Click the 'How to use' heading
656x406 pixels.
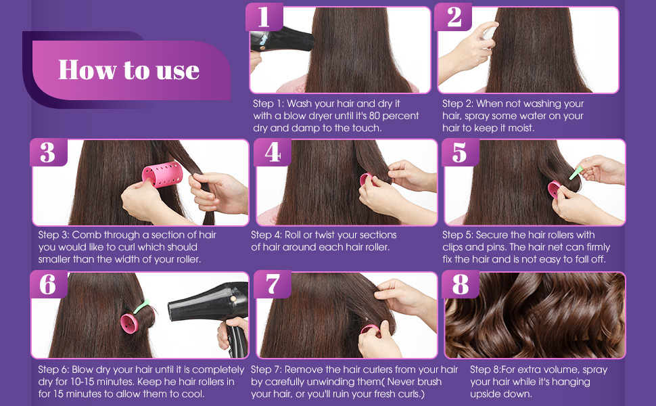pos(128,70)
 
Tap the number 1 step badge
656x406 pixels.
pos(264,17)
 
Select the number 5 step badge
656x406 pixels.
pos(460,152)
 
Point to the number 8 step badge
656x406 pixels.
pos(460,284)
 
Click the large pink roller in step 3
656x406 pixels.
pos(163,174)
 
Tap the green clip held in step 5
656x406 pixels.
pos(576,173)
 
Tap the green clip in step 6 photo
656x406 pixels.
pos(142,307)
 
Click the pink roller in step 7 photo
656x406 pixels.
pos(370,330)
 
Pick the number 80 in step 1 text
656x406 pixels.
pos(374,116)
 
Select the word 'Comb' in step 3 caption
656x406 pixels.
pos(86,235)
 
